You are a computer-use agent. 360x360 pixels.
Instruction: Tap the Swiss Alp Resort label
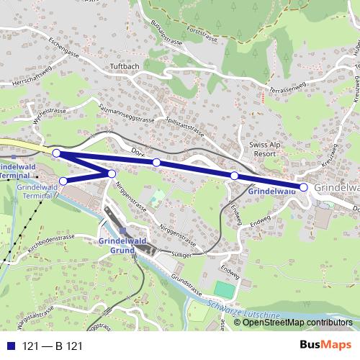262,149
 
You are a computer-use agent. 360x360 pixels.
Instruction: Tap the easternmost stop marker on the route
303,187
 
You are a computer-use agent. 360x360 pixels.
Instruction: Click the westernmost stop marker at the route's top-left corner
56,153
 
